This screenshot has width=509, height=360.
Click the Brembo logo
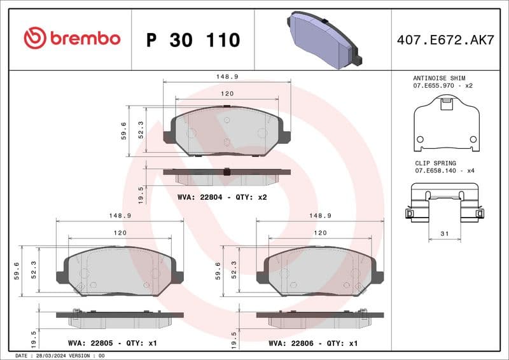point(71,38)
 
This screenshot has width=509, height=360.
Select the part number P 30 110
point(193,40)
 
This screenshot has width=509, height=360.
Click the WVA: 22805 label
point(90,343)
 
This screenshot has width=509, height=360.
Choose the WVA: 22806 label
point(291,343)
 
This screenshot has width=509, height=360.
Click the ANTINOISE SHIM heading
point(439,77)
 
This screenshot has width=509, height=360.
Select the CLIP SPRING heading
point(435,163)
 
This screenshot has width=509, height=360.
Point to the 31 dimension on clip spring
point(445,234)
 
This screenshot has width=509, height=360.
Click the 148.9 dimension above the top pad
point(227,76)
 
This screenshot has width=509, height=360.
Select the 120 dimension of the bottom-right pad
point(321,233)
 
